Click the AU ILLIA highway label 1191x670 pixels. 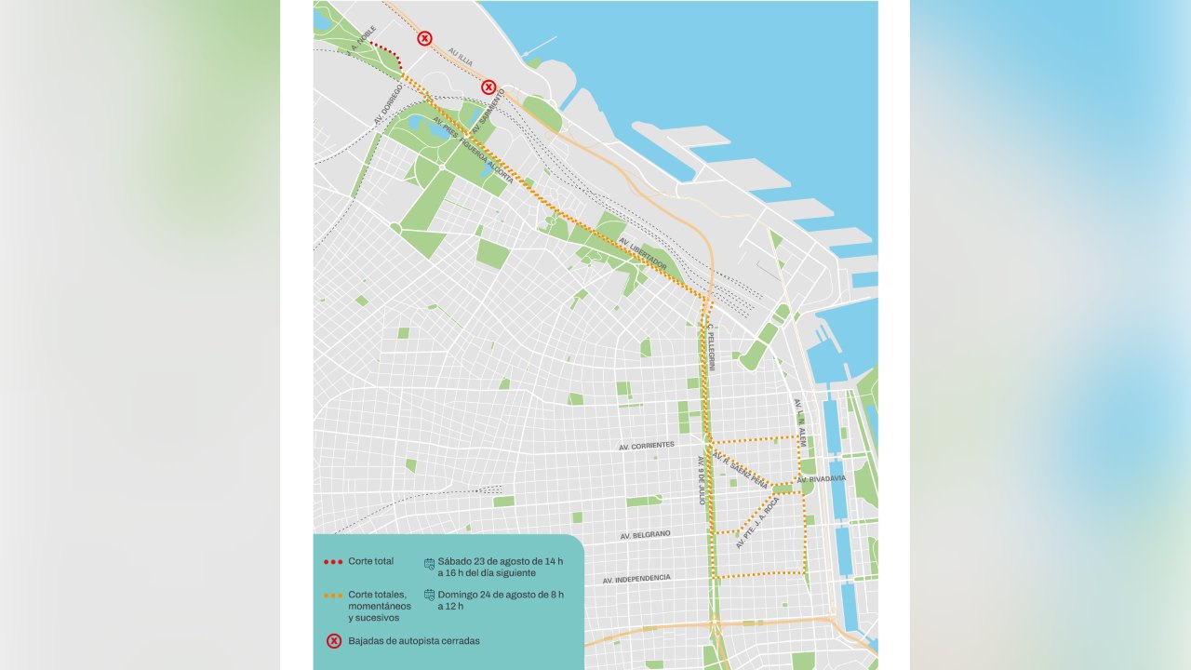pyautogui.click(x=461, y=56)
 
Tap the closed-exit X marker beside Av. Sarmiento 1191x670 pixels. pyautogui.click(x=488, y=87)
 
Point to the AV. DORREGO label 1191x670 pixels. pyautogui.click(x=388, y=104)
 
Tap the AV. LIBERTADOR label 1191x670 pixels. pyautogui.click(x=643, y=253)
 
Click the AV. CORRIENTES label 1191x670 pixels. pyautogui.click(x=647, y=446)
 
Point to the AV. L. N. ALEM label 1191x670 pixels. pyautogui.click(x=799, y=422)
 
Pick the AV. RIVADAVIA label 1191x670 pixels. pyautogui.click(x=822, y=479)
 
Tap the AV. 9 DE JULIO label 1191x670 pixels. pyautogui.click(x=702, y=480)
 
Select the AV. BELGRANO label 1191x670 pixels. pyautogui.click(x=645, y=536)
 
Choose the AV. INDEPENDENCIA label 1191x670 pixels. pyautogui.click(x=636, y=579)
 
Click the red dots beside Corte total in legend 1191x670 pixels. pyautogui.click(x=332, y=562)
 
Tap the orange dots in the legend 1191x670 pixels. pyautogui.click(x=332, y=595)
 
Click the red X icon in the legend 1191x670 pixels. pyautogui.click(x=334, y=640)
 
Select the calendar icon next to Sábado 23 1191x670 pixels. pyautogui.click(x=429, y=563)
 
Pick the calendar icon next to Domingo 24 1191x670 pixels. pyautogui.click(x=429, y=595)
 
